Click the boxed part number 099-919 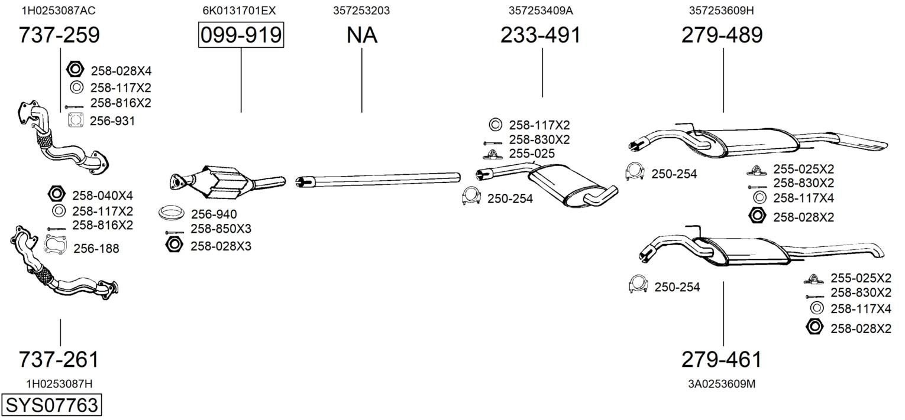pyautogui.click(x=241, y=35)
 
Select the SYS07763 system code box pyautogui.click(x=51, y=405)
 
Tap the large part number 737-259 pyautogui.click(x=59, y=35)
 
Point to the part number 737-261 pyautogui.click(x=59, y=359)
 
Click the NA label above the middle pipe pyautogui.click(x=361, y=35)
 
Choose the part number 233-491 pyautogui.click(x=541, y=35)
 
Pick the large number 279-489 pyautogui.click(x=722, y=35)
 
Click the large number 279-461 pyautogui.click(x=722, y=359)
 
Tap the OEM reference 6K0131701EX pyautogui.click(x=239, y=11)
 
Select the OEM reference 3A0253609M pyautogui.click(x=722, y=384)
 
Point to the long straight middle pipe pyautogui.click(x=378, y=180)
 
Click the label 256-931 pyautogui.click(x=112, y=121)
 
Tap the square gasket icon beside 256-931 pyautogui.click(x=76, y=121)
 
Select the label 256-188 pyautogui.click(x=96, y=249)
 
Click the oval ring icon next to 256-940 pyautogui.click(x=170, y=213)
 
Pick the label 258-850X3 pyautogui.click(x=221, y=229)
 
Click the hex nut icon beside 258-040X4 pyautogui.click(x=56, y=194)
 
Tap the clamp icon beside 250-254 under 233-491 pyautogui.click(x=471, y=196)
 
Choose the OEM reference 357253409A pyautogui.click(x=541, y=11)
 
